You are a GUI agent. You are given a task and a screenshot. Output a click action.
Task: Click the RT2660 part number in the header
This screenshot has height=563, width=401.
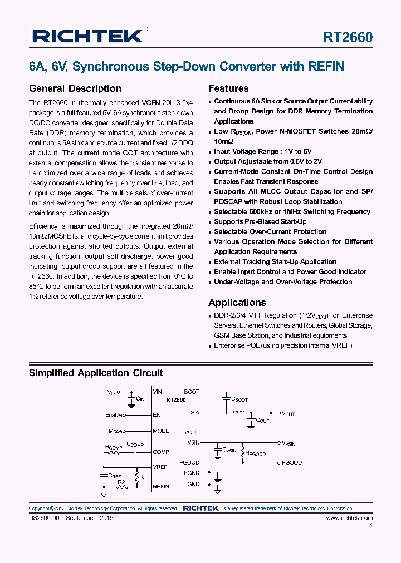(348, 37)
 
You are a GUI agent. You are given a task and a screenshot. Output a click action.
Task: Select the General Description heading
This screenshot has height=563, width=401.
(75, 88)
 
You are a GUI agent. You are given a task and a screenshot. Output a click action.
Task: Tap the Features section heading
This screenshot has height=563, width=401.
(228, 88)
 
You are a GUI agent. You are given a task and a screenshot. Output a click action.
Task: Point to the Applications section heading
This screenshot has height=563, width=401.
(237, 303)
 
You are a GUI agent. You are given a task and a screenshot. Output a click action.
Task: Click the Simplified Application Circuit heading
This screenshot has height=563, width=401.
(96, 373)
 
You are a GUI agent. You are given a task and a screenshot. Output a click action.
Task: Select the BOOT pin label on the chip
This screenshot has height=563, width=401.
(192, 392)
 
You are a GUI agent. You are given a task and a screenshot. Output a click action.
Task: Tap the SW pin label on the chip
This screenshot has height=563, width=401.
(195, 413)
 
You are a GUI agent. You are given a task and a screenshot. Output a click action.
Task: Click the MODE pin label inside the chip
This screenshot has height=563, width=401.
(161, 431)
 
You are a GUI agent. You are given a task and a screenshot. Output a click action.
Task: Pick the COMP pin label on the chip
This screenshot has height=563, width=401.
(161, 452)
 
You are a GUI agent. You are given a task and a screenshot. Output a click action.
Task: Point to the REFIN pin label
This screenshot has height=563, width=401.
(161, 486)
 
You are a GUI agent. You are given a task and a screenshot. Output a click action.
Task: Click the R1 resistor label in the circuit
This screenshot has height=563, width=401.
(143, 477)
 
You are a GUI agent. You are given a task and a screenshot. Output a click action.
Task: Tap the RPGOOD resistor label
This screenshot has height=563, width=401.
(256, 453)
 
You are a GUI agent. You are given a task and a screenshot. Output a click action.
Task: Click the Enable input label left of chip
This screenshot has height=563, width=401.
(114, 415)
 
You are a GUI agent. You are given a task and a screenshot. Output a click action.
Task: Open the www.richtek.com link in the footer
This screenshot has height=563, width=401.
(349, 518)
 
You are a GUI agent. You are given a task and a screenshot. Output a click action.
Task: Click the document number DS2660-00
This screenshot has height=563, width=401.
(44, 518)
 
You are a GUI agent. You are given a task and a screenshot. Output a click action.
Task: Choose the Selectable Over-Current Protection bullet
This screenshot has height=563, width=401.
(270, 232)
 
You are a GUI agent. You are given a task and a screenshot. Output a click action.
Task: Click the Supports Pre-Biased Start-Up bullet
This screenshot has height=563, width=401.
(260, 222)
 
